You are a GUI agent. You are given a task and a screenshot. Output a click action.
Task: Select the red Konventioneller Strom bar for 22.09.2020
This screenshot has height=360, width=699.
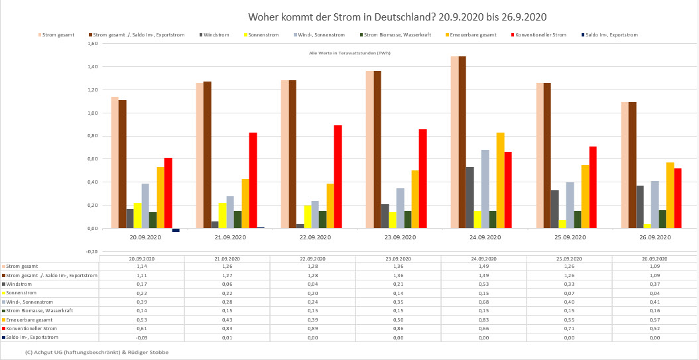(x=338, y=176)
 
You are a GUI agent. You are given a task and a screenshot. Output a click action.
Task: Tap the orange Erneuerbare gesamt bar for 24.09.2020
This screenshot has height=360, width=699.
(x=499, y=180)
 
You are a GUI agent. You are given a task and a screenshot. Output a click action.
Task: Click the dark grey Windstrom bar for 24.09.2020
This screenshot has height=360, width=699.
(x=469, y=198)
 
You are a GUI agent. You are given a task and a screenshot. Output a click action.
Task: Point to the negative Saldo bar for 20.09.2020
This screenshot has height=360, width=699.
(x=176, y=230)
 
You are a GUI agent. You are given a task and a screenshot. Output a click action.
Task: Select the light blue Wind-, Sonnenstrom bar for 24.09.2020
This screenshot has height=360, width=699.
(x=485, y=189)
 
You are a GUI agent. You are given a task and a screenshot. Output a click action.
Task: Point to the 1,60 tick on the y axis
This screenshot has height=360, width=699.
(x=92, y=44)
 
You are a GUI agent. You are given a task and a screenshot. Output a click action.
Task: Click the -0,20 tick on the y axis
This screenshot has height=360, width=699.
(x=92, y=251)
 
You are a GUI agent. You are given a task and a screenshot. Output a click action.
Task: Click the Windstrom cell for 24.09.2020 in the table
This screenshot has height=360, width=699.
(x=484, y=284)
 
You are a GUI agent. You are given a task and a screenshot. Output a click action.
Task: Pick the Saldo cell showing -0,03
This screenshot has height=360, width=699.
(x=141, y=337)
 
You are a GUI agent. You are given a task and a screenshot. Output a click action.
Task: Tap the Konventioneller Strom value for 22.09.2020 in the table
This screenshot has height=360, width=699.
(x=312, y=328)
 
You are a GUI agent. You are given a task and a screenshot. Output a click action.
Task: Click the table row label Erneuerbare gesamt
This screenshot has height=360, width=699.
(x=31, y=320)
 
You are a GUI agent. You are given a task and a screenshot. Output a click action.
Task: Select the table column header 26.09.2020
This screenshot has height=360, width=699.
(x=655, y=258)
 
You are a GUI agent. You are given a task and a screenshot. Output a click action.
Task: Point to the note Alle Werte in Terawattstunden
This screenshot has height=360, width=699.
(x=349, y=53)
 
